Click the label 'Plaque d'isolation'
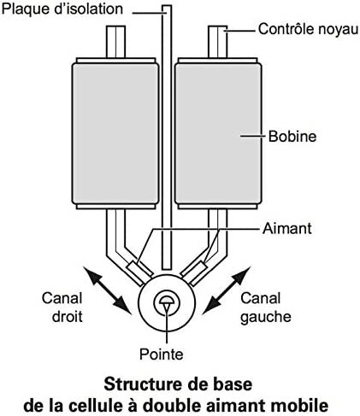coord(62,9)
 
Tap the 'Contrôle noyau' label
coord(308,29)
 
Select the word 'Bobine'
coord(292,137)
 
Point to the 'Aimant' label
coord(287,229)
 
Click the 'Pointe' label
coord(161,354)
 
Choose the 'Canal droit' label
coord(62,308)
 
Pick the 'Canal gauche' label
coord(266,308)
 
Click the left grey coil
coord(115,133)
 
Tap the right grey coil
coord(218,133)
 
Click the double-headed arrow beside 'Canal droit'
coord(108,290)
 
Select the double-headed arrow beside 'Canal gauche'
coord(227,290)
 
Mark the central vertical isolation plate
coord(167,138)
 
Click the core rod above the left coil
coord(115,42)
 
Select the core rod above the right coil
coord(218,42)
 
